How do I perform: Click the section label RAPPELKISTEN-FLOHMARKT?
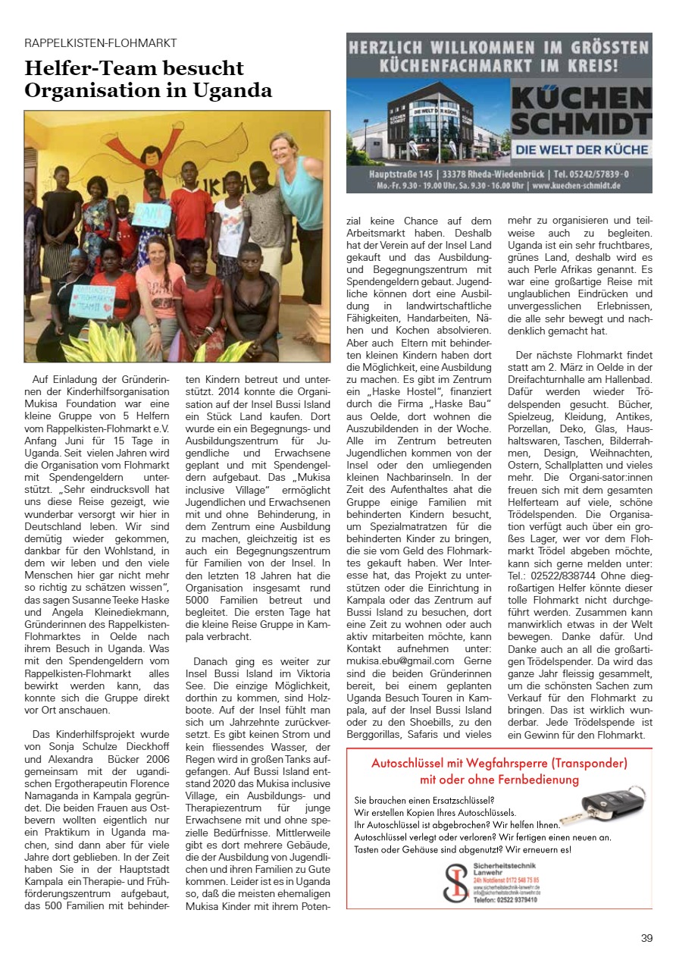coord(101,42)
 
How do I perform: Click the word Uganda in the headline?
coord(234,91)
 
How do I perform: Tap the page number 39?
coord(646,937)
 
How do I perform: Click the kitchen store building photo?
coord(429,122)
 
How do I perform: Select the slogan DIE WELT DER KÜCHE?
coord(581,149)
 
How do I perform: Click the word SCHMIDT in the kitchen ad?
coord(581,121)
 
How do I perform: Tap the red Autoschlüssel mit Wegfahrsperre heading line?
coord(499,763)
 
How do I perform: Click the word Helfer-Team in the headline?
coord(95,68)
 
